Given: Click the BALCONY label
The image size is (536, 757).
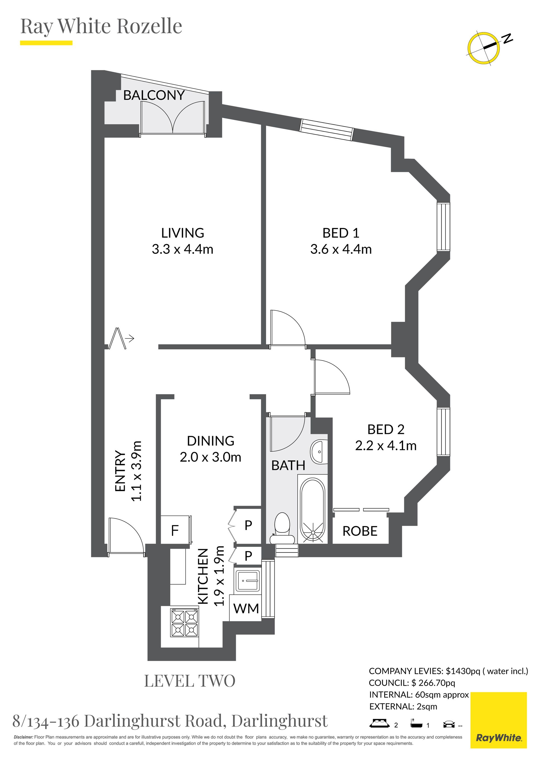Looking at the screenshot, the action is (154, 95).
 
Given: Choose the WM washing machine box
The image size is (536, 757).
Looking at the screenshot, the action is (246, 608).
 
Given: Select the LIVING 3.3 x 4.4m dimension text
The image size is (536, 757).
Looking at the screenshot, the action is (183, 249).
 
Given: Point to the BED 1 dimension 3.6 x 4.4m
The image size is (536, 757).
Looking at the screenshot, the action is (341, 249).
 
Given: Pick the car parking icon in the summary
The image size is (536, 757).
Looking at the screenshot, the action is (449, 723).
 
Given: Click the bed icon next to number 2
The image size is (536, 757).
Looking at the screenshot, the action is (380, 723).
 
